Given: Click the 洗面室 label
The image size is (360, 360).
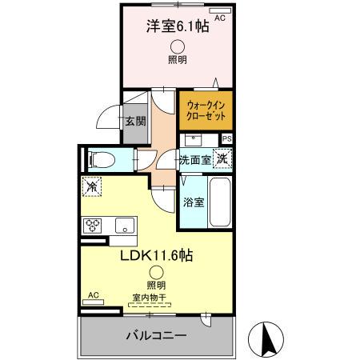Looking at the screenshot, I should [195, 160].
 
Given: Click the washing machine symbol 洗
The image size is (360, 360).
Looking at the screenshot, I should [223, 158].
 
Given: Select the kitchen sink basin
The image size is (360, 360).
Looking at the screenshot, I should [126, 224].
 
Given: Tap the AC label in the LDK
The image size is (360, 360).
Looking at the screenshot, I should [93, 295].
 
